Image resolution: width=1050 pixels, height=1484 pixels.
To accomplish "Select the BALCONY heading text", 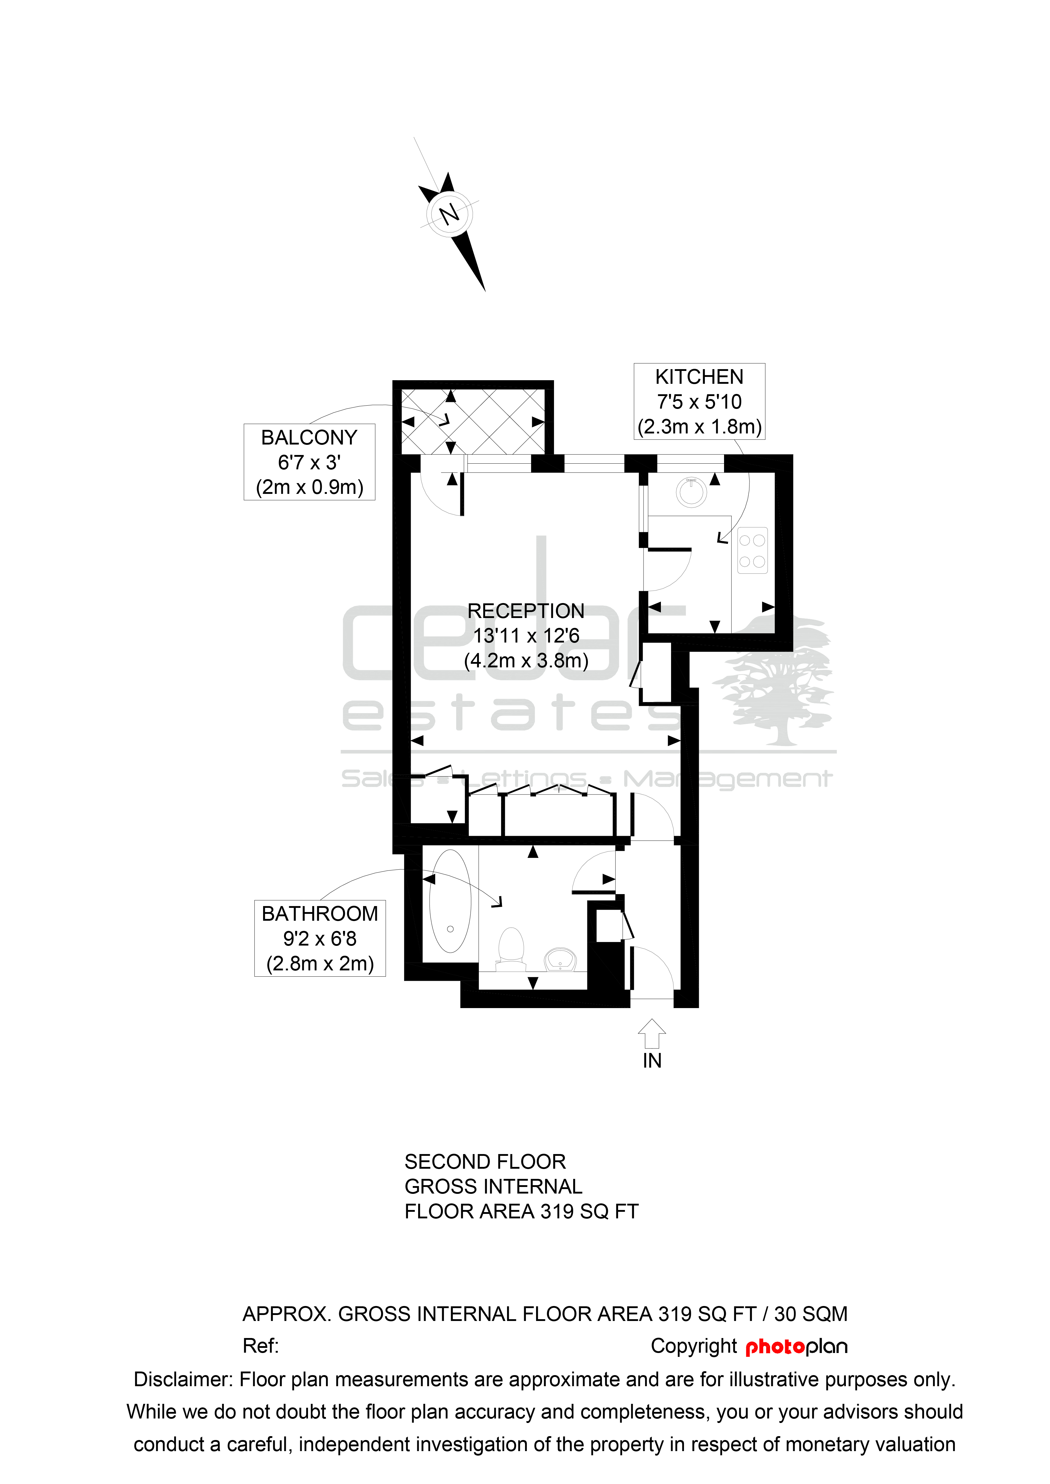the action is point(309,438).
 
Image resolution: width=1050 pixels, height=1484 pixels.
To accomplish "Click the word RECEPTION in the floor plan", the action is point(526,611).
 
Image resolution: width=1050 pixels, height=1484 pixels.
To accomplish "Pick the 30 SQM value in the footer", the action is point(811,1314).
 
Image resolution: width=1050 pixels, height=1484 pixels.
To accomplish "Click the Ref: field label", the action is point(261,1346).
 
